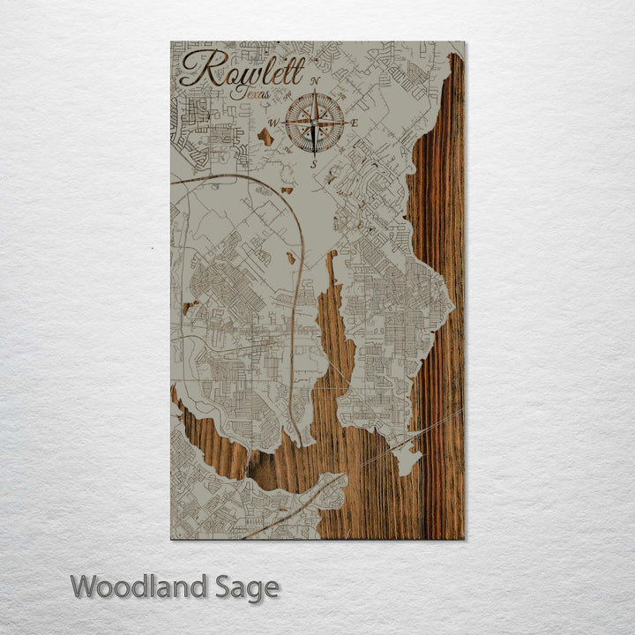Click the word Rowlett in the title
[x=242, y=69]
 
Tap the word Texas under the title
[x=250, y=91]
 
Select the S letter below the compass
[x=314, y=162]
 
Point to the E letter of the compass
[x=355, y=123]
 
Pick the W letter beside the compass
[x=273, y=123]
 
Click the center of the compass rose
[x=315, y=122]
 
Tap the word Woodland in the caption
[x=138, y=586]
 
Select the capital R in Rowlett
[x=199, y=69]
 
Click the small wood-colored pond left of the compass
[x=265, y=136]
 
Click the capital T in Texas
[x=233, y=90]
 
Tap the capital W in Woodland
[x=86, y=586]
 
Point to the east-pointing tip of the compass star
[x=343, y=122]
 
